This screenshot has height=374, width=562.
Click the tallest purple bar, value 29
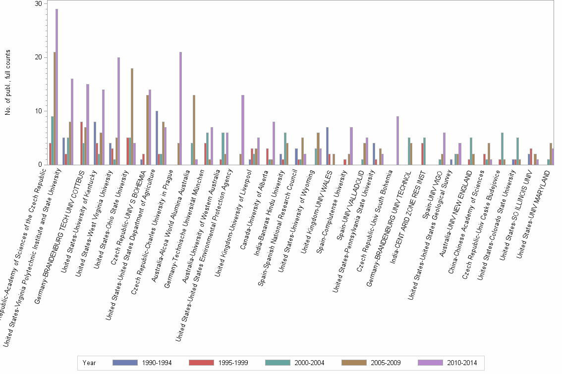[56, 87]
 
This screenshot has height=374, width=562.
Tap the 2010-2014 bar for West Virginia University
[118, 111]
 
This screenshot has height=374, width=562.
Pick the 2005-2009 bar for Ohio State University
[132, 116]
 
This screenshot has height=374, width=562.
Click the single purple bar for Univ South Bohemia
[397, 140]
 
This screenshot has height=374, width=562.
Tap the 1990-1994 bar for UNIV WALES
[328, 146]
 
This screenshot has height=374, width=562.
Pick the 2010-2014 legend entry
[448, 363]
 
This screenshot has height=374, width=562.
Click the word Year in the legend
[90, 363]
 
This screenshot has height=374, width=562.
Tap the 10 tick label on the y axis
[38, 111]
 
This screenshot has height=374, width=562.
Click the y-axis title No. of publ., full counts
[7, 84]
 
